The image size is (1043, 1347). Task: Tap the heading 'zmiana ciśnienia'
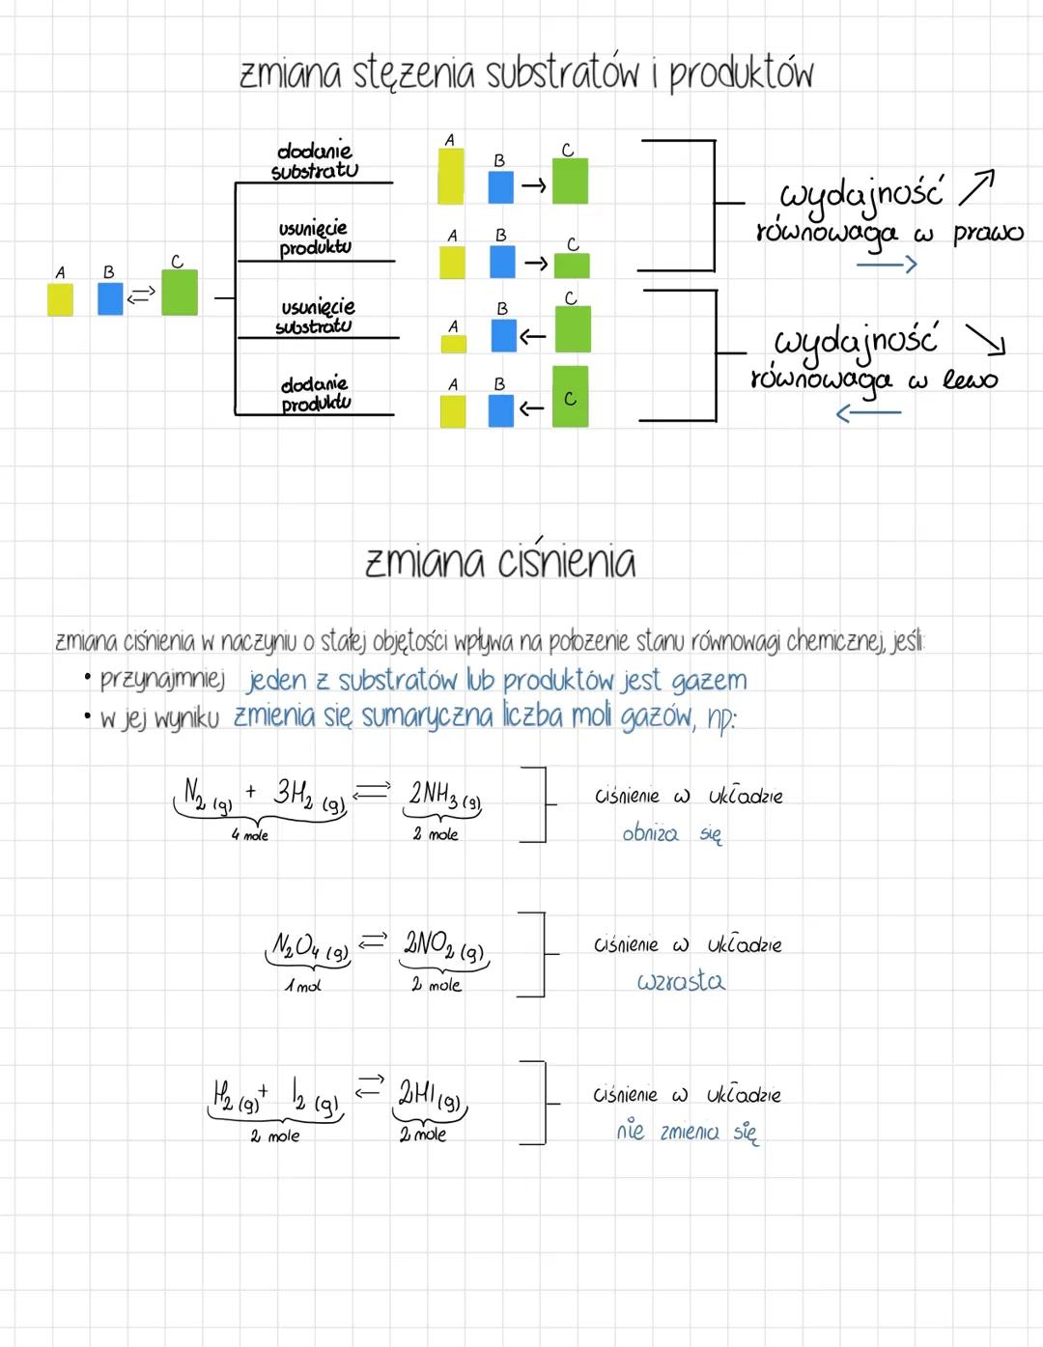click(x=500, y=562)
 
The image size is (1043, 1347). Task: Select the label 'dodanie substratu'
click(x=315, y=161)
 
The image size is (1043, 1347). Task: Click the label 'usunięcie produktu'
click(x=314, y=238)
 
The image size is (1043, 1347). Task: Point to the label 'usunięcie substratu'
click(x=316, y=317)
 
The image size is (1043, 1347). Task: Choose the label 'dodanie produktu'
click(x=315, y=394)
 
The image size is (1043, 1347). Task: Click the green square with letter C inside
click(x=570, y=397)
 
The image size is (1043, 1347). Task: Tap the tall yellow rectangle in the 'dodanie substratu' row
click(x=450, y=176)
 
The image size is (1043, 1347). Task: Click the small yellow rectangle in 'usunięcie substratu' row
click(x=453, y=343)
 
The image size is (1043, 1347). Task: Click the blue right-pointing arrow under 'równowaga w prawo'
click(x=886, y=264)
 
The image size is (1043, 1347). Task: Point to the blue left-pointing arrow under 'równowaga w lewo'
click(x=867, y=413)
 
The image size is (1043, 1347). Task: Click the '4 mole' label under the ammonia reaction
click(x=249, y=835)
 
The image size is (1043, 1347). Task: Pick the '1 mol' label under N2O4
click(x=302, y=986)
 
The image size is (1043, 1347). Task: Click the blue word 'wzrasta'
click(x=681, y=982)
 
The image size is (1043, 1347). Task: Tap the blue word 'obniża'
click(x=650, y=833)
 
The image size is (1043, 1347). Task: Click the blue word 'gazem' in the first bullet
click(x=709, y=681)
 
